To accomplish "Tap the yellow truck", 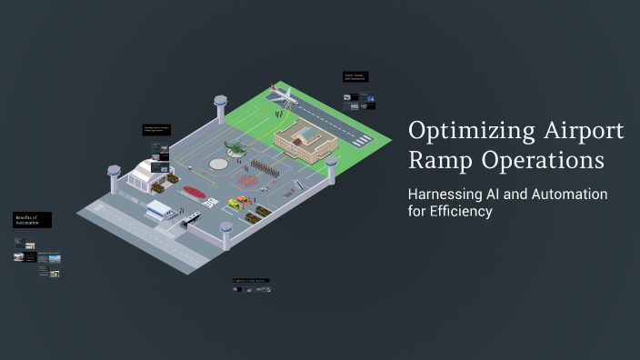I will click(x=242, y=202).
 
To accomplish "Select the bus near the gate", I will click(x=190, y=219).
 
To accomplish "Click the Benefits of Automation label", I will click(x=32, y=220).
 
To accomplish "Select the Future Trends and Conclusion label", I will click(x=355, y=77).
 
